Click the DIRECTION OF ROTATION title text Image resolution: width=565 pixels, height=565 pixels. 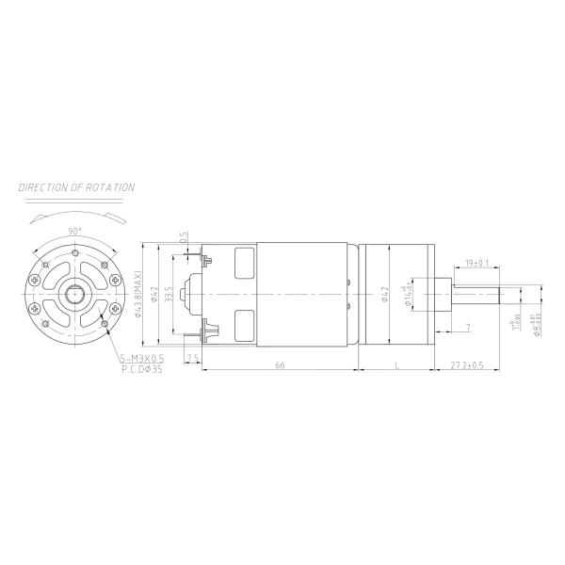click(x=77, y=187)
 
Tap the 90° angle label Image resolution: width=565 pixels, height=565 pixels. click(x=75, y=230)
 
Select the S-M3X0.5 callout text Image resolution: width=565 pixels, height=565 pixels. click(x=142, y=359)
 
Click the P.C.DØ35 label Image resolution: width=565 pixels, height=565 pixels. click(x=142, y=370)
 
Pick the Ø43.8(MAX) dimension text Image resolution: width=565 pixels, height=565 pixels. click(x=138, y=294)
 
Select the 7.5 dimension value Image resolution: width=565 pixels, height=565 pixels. click(x=192, y=359)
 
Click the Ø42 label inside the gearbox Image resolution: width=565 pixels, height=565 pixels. click(x=384, y=294)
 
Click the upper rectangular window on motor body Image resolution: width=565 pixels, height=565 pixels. click(x=245, y=261)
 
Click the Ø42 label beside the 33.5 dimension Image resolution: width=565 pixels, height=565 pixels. click(x=154, y=294)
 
